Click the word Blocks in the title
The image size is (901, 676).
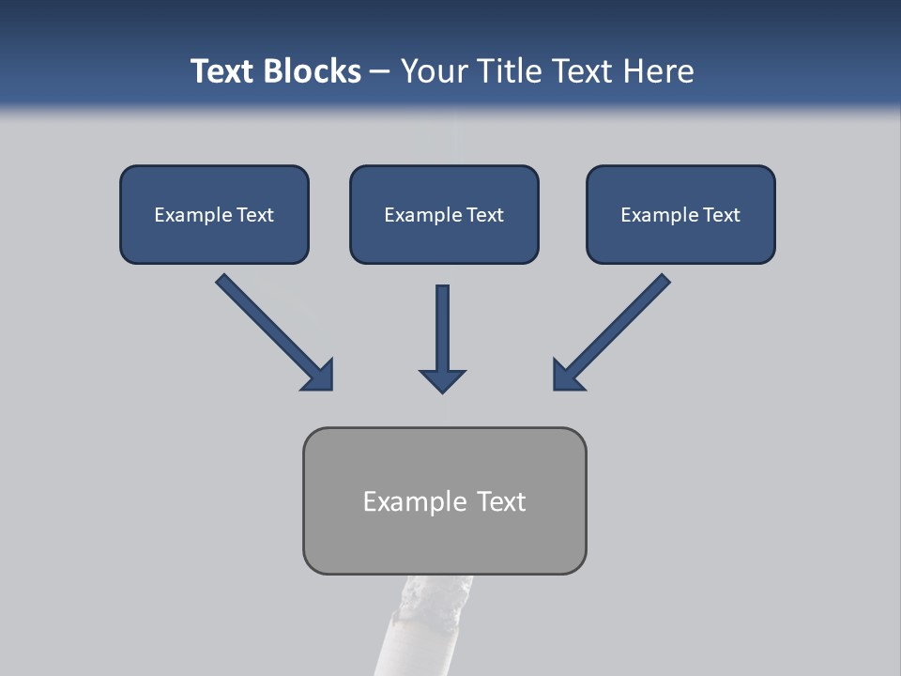(309, 71)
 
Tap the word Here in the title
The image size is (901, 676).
(661, 71)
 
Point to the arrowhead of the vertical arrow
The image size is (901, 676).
(442, 380)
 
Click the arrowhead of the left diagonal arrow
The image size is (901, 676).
(319, 376)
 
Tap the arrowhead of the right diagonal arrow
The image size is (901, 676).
(567, 376)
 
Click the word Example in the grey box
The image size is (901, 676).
(415, 501)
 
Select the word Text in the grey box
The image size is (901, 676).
(501, 501)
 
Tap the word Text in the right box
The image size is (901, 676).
(721, 215)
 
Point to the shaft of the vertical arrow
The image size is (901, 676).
(442, 324)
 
